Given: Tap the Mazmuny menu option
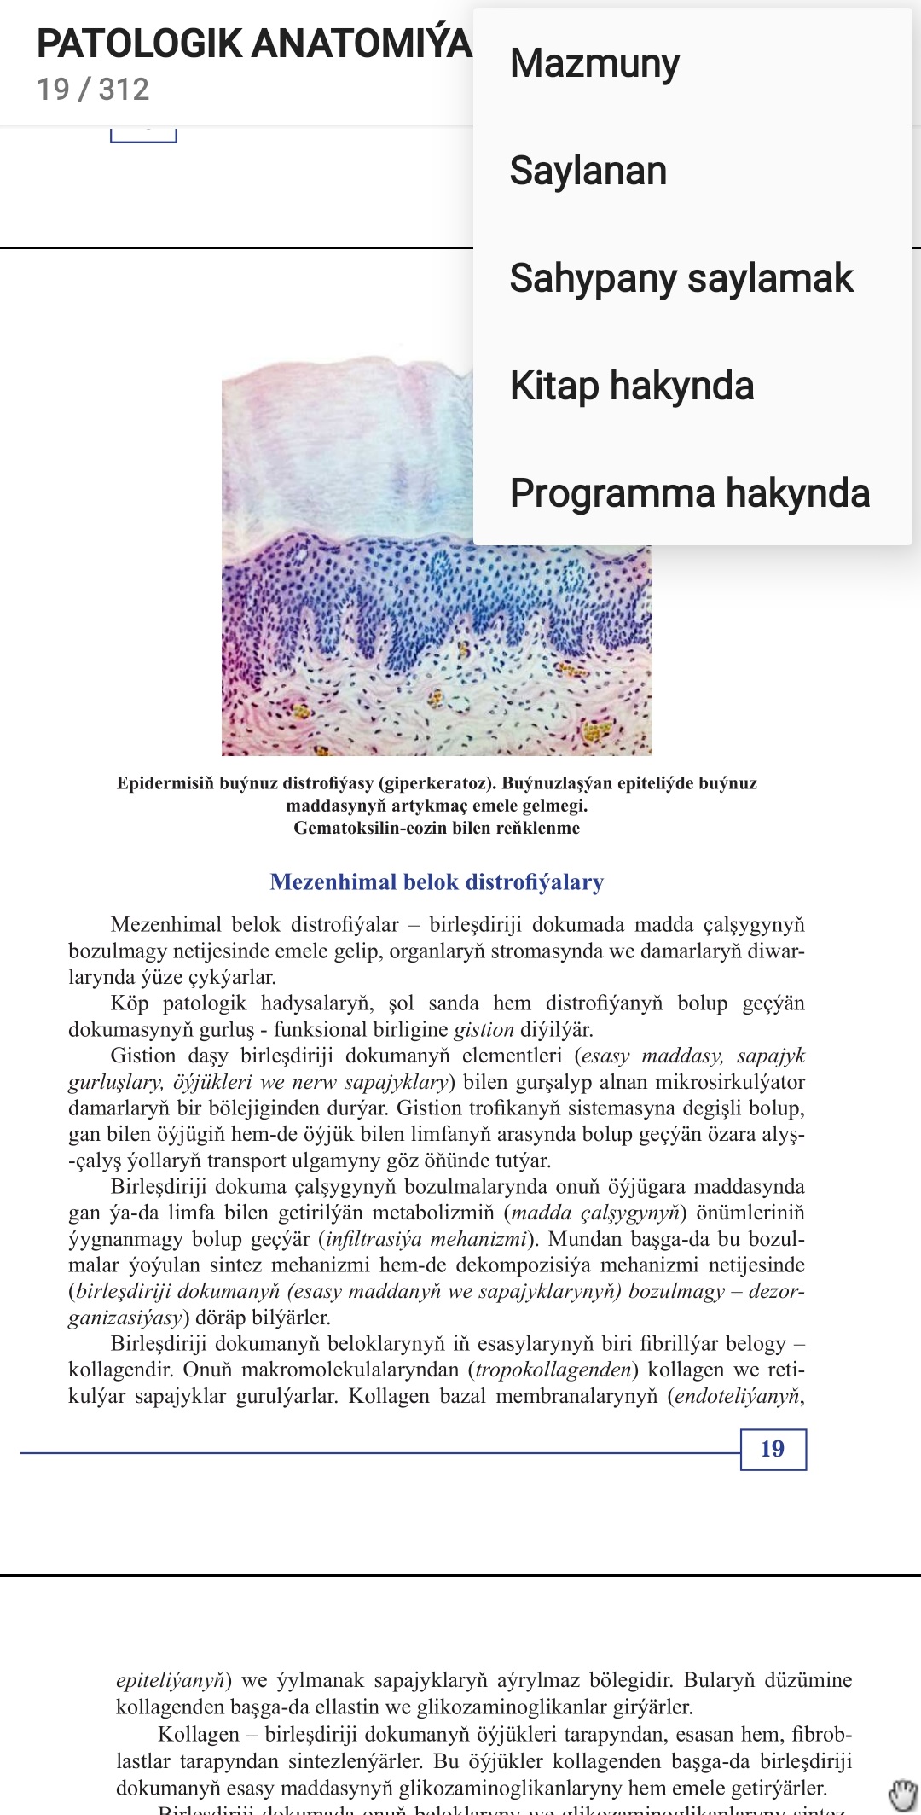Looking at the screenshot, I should (x=594, y=64).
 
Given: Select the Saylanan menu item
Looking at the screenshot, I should (x=588, y=171).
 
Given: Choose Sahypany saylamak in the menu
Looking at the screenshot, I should (x=681, y=278).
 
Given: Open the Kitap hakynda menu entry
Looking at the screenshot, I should (x=631, y=386).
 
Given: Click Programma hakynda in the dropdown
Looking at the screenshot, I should (x=689, y=493).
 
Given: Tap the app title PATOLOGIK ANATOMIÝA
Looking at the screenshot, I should (x=253, y=44).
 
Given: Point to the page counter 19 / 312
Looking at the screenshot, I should (x=93, y=90).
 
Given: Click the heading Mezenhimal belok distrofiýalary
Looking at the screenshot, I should (x=437, y=882).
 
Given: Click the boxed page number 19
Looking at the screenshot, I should (x=773, y=1449).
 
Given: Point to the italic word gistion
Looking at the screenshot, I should (x=484, y=1030).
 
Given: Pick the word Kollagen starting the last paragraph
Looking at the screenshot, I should (x=198, y=1735).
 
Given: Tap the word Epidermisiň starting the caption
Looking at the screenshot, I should (x=165, y=783).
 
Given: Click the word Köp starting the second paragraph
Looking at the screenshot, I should (x=129, y=1003).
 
